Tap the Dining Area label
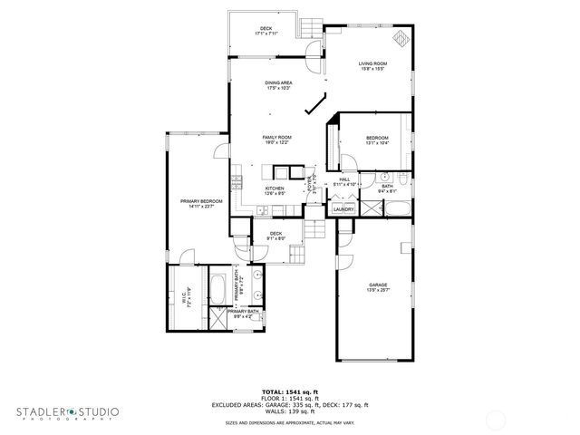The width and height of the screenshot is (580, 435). tap(278, 84)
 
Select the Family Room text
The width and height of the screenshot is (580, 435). tap(276, 140)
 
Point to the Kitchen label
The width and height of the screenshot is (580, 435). tap(275, 190)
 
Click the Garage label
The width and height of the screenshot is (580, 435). tap(378, 287)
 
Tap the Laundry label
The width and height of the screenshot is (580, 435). tap(343, 209)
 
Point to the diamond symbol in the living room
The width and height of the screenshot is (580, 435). tap(400, 37)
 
